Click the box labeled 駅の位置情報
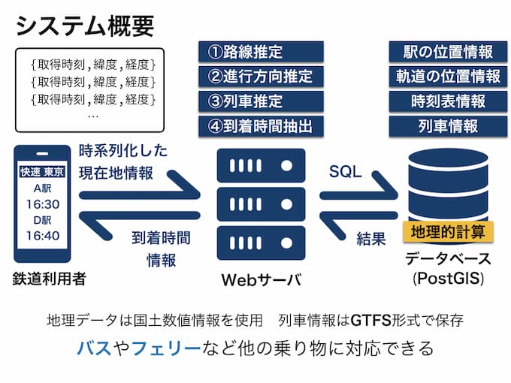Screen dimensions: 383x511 (x=447, y=52)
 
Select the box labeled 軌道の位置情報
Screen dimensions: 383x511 (x=447, y=77)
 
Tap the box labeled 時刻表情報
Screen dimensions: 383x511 (x=447, y=101)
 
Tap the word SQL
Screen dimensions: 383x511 (x=345, y=171)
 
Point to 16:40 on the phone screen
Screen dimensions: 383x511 (x=43, y=236)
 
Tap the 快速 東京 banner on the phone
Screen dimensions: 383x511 (x=43, y=173)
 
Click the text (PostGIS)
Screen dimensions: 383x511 (x=448, y=279)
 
